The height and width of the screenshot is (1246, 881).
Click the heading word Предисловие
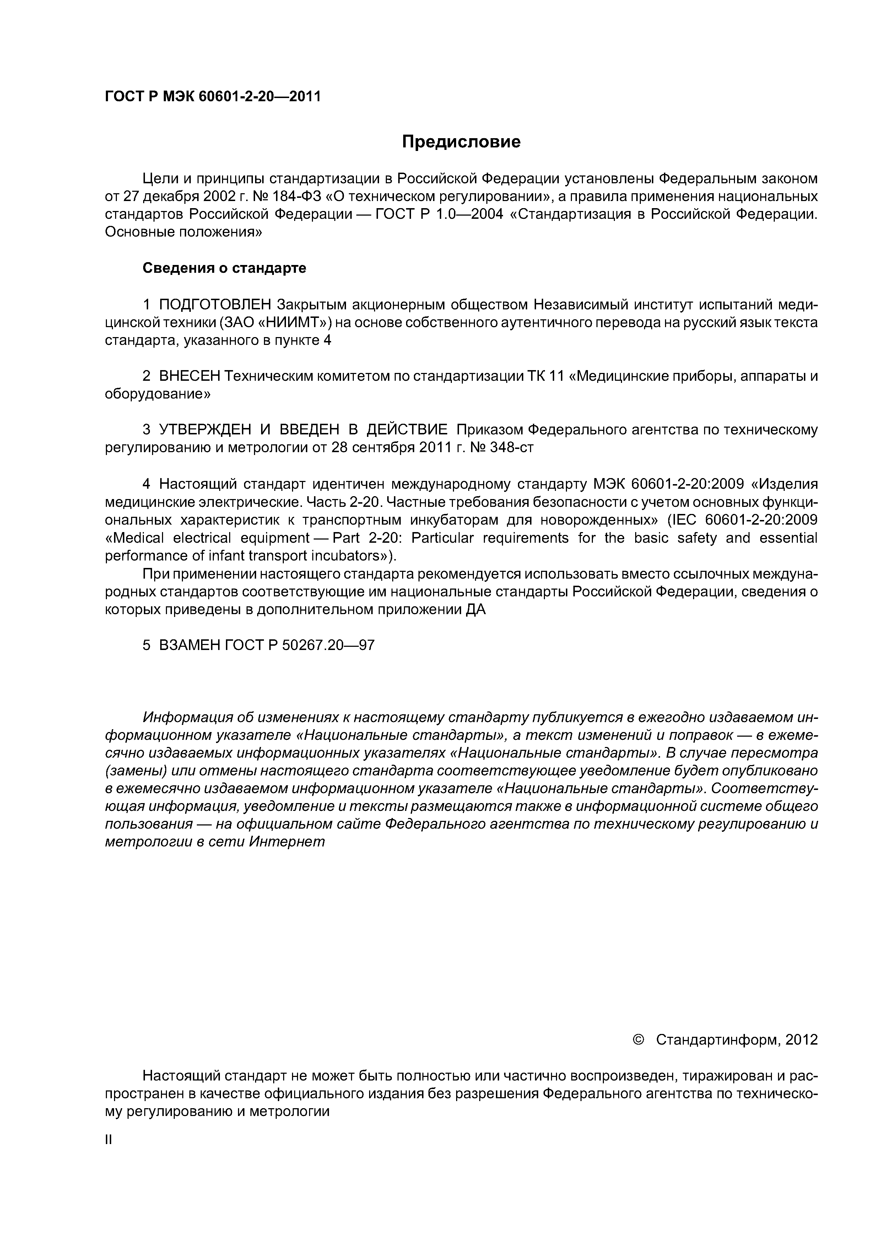coord(461,142)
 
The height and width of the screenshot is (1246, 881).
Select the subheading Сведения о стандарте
coord(224,268)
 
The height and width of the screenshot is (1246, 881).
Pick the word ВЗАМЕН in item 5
coord(189,645)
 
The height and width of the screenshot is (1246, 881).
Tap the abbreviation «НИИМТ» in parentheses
coord(292,323)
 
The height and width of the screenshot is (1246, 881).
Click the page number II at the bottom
coord(108,1140)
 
